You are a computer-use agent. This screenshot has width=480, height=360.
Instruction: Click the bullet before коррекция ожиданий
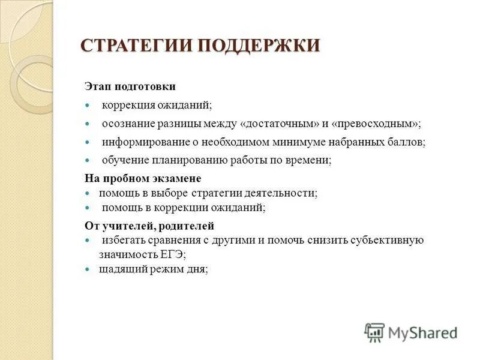pyautogui.click(x=88, y=106)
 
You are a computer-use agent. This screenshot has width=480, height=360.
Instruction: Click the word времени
pyautogui.click(x=308, y=160)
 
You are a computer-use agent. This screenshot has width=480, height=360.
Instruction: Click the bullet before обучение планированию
pyautogui.click(x=88, y=160)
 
